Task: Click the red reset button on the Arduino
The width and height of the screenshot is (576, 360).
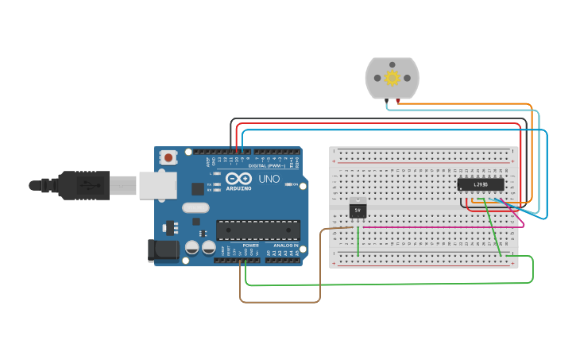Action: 168,157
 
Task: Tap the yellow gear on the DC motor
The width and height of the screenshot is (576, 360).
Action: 392,78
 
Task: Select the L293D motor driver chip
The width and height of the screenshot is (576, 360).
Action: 481,184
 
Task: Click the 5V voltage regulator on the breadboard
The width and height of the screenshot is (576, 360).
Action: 358,210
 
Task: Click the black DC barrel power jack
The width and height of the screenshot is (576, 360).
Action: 164,250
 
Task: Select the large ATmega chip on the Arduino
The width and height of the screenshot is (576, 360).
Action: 258,230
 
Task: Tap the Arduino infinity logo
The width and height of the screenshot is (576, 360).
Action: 236,179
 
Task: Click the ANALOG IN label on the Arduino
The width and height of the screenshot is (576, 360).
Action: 285,246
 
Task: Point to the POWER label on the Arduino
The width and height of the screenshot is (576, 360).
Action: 250,246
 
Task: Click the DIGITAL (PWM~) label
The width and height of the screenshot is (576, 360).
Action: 266,165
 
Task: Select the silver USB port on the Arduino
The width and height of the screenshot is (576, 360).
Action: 157,185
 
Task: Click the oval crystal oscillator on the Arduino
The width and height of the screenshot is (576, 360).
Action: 195,208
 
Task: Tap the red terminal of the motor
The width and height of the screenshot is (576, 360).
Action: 397,100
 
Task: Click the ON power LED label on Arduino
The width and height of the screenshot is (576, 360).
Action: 294,184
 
